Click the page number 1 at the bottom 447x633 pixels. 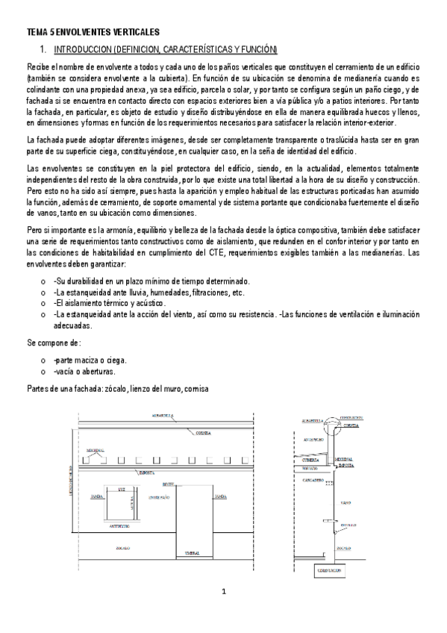[x=223, y=592]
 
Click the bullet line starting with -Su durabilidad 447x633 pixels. [x=151, y=281]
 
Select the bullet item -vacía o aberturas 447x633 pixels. [x=84, y=372]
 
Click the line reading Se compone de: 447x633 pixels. [x=53, y=343]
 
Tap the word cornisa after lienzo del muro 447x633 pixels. [x=197, y=389]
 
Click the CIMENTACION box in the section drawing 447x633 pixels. [x=329, y=571]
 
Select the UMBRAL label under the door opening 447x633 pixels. [x=192, y=553]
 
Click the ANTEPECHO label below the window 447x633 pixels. [x=120, y=526]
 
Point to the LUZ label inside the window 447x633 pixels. [x=121, y=490]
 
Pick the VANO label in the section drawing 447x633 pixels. [x=346, y=503]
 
